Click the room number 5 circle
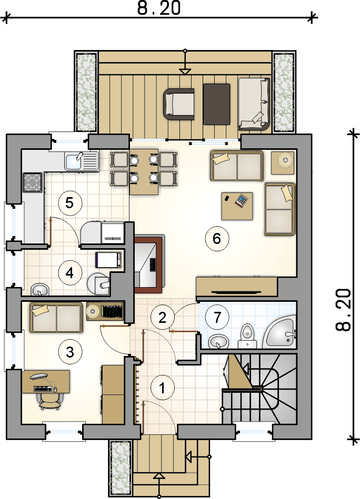(70, 203)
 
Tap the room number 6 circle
(217, 238)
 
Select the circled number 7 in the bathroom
(217, 317)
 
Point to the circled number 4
(70, 273)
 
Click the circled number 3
(70, 352)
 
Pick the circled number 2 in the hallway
(163, 317)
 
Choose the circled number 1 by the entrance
(163, 388)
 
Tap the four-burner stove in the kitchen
(33, 182)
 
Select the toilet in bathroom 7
(247, 336)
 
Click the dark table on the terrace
(217, 104)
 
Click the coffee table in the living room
(237, 206)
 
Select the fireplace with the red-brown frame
(149, 263)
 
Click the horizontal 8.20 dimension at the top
(159, 8)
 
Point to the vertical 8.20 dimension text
(344, 310)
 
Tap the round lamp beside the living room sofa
(283, 162)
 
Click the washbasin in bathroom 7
(219, 342)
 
